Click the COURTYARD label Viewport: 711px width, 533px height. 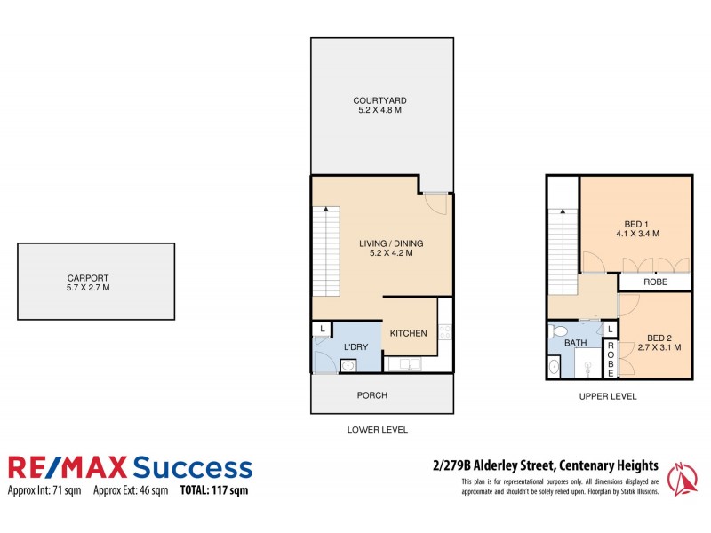point(381,100)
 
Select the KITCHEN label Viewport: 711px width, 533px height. point(408,333)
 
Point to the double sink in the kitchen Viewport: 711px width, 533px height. point(411,363)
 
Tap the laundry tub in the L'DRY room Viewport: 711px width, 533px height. point(348,365)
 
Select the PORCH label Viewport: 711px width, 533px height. point(371,395)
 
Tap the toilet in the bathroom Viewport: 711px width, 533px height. point(559,332)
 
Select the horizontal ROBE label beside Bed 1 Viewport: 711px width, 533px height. point(655,282)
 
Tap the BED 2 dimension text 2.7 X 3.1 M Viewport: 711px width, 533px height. point(659,347)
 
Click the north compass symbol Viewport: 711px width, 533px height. point(682,480)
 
